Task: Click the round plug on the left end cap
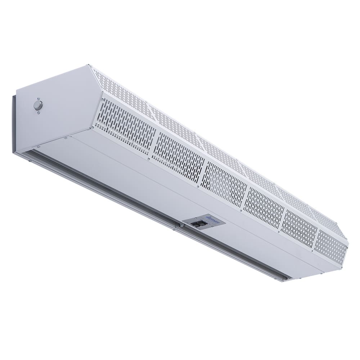pos(38,105)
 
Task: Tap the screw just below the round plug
pos(39,113)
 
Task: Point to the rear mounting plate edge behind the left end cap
pos(15,122)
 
